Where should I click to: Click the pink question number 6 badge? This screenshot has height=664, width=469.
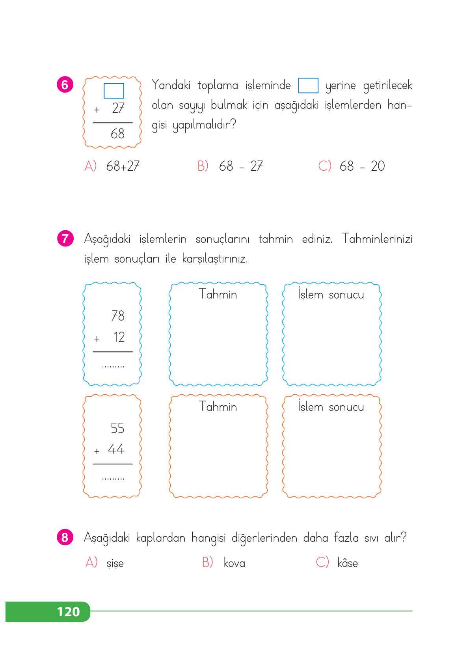[x=65, y=85]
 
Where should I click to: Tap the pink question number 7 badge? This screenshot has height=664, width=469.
[x=65, y=239]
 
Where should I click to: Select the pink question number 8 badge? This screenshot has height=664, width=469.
[x=65, y=537]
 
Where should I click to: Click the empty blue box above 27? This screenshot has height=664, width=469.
[x=114, y=91]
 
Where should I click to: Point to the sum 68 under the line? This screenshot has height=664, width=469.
[x=117, y=134]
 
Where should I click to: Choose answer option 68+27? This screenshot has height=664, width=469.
[x=123, y=166]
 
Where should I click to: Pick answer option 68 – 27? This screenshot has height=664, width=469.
[x=241, y=166]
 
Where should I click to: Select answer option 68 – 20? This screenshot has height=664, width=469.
[x=362, y=166]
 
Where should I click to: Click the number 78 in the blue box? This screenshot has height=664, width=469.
[x=118, y=316]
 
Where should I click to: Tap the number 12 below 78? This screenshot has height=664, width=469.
[x=119, y=337]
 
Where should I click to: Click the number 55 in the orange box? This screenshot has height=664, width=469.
[x=117, y=428]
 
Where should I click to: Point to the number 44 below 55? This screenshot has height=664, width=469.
[x=116, y=449]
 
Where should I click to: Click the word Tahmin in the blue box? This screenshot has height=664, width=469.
[x=218, y=294]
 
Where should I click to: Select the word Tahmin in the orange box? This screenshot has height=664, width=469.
[x=218, y=407]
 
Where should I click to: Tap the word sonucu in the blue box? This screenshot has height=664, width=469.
[x=346, y=295]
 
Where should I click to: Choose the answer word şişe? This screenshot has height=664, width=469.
[x=115, y=563]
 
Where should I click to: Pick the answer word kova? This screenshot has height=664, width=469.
[x=234, y=563]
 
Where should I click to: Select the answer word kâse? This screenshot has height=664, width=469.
[x=348, y=563]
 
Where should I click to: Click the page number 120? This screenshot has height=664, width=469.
[x=68, y=612]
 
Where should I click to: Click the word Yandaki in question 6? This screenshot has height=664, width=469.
[x=171, y=85]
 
